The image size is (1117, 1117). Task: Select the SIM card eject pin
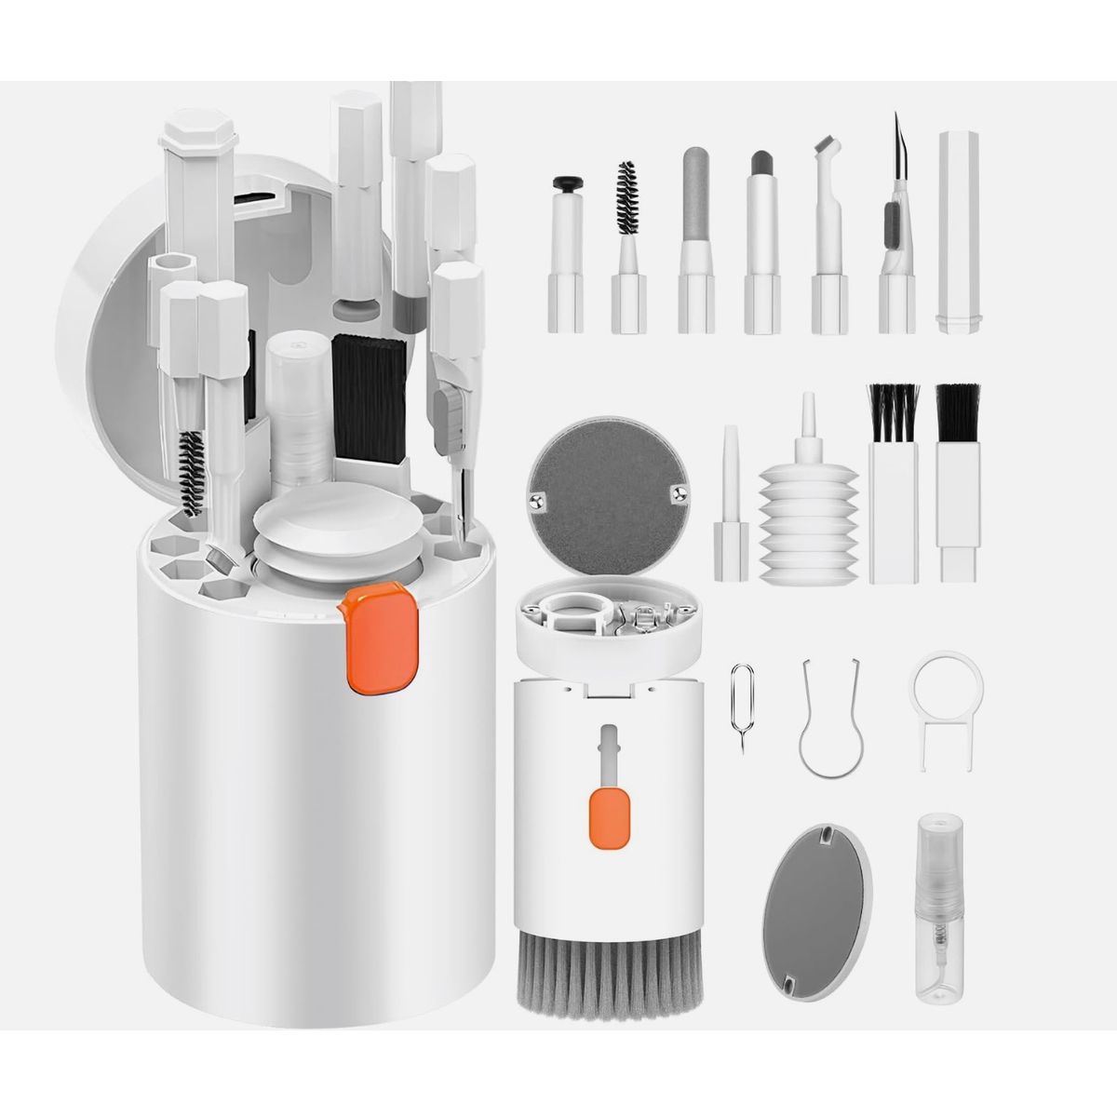(x=742, y=707)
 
